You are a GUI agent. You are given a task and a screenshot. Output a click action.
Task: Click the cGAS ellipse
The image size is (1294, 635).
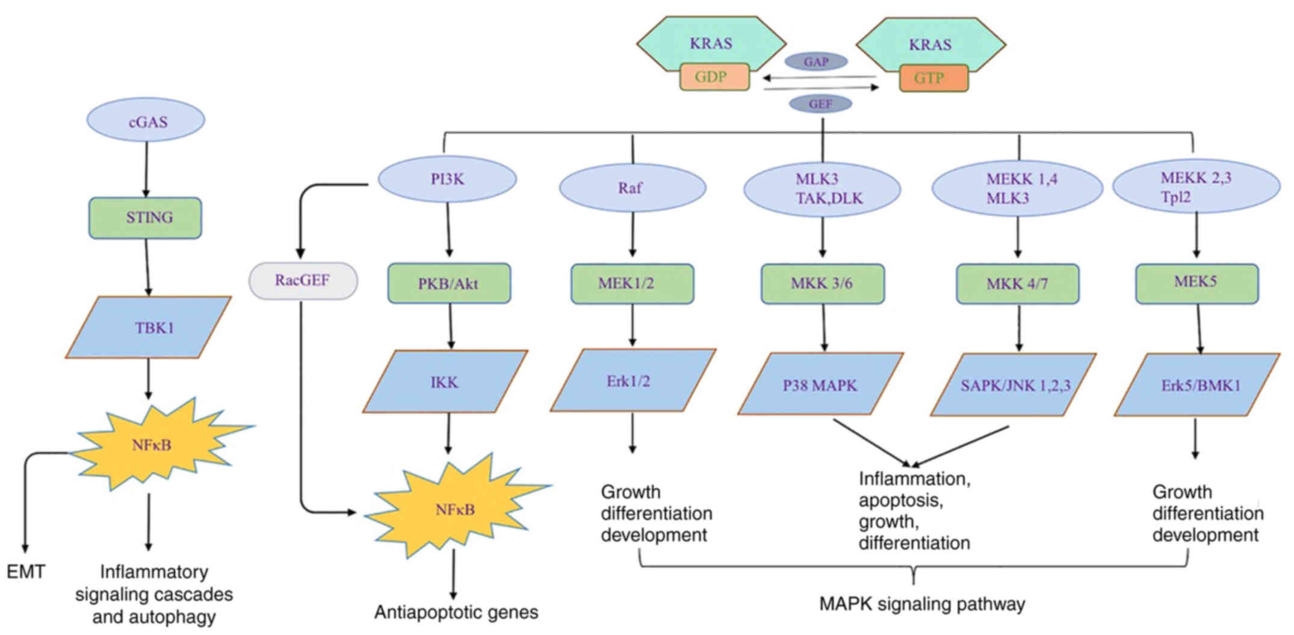(146, 120)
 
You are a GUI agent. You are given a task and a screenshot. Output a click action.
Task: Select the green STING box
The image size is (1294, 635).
(146, 218)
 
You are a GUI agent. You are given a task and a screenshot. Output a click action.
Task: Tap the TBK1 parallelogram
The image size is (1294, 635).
(149, 327)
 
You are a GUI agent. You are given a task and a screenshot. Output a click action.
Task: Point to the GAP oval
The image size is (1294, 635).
(816, 61)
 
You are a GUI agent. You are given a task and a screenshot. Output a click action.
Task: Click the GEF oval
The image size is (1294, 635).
(820, 104)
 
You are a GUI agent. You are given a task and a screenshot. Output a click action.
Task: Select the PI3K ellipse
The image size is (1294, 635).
(447, 179)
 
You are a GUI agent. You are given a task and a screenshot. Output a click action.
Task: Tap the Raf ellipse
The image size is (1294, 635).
(633, 187)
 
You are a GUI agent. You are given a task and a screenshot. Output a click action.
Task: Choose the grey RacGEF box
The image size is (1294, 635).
(303, 280)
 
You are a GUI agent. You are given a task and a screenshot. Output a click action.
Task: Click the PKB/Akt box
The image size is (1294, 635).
(449, 283)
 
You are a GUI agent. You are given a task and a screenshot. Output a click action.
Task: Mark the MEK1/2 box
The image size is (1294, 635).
(632, 283)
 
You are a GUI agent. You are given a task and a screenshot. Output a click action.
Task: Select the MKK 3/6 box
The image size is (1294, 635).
(823, 283)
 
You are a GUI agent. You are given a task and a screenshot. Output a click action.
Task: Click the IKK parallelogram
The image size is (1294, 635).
(445, 382)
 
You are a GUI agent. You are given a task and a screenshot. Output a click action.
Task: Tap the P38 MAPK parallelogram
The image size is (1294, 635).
(820, 384)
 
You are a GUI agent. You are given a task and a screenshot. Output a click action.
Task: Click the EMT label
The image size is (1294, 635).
(25, 572)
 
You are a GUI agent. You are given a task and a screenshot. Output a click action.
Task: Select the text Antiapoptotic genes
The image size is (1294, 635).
(456, 613)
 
